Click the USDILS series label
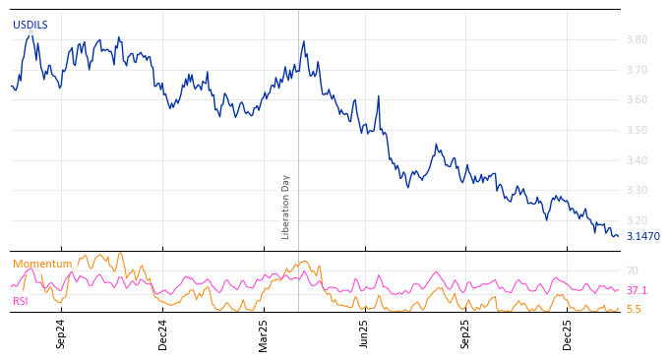pos(30,26)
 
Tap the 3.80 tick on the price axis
pos(636,40)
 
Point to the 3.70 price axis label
pos(636,71)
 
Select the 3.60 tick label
pos(636,100)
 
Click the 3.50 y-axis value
pos(636,131)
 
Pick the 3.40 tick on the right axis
pos(636,161)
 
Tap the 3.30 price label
pos(636,191)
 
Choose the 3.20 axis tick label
pos(636,221)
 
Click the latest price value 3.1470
pos(642,237)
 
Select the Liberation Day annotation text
pos(286,207)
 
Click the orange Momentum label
pos(42,265)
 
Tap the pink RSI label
pos(20,302)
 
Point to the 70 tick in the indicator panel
pos(633,271)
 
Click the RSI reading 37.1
pos(637,291)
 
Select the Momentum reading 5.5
pos(634,310)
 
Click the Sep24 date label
pos(61,333)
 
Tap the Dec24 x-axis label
pos(163,333)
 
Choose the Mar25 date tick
pos(264,333)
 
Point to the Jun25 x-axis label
pos(364,333)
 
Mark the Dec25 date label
pos(568,333)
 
